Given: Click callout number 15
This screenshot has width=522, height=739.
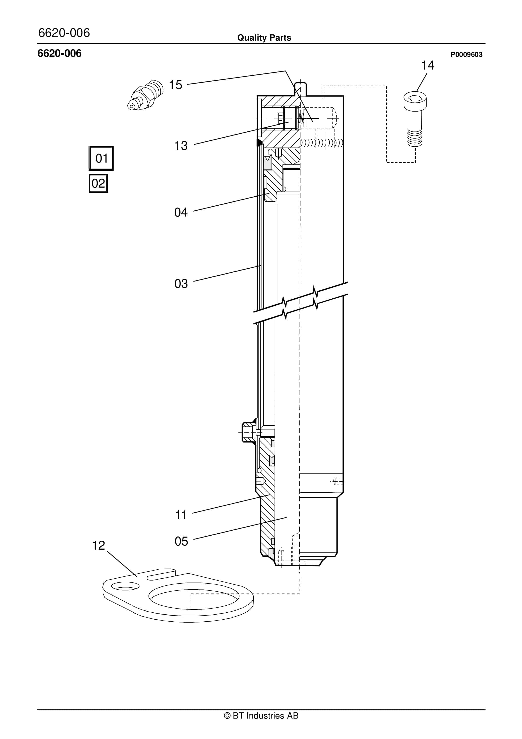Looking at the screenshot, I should [175, 85].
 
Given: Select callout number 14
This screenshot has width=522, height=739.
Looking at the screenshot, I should [427, 65].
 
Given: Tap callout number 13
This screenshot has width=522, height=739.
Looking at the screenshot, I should [181, 146].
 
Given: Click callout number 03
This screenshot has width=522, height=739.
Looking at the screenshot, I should [181, 284].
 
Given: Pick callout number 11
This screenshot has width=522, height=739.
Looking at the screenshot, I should [181, 515].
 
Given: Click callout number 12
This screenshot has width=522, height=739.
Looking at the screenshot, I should [98, 545].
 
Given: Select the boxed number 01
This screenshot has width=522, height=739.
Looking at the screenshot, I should [101, 158].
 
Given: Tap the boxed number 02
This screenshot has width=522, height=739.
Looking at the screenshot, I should [98, 183].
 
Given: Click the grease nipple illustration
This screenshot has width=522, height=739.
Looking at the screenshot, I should [145, 95].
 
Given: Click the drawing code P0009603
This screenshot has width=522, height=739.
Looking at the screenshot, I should [466, 55].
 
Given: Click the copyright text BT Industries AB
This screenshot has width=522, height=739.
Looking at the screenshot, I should [261, 716].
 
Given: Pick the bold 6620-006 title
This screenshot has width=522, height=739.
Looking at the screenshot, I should [59, 54].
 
